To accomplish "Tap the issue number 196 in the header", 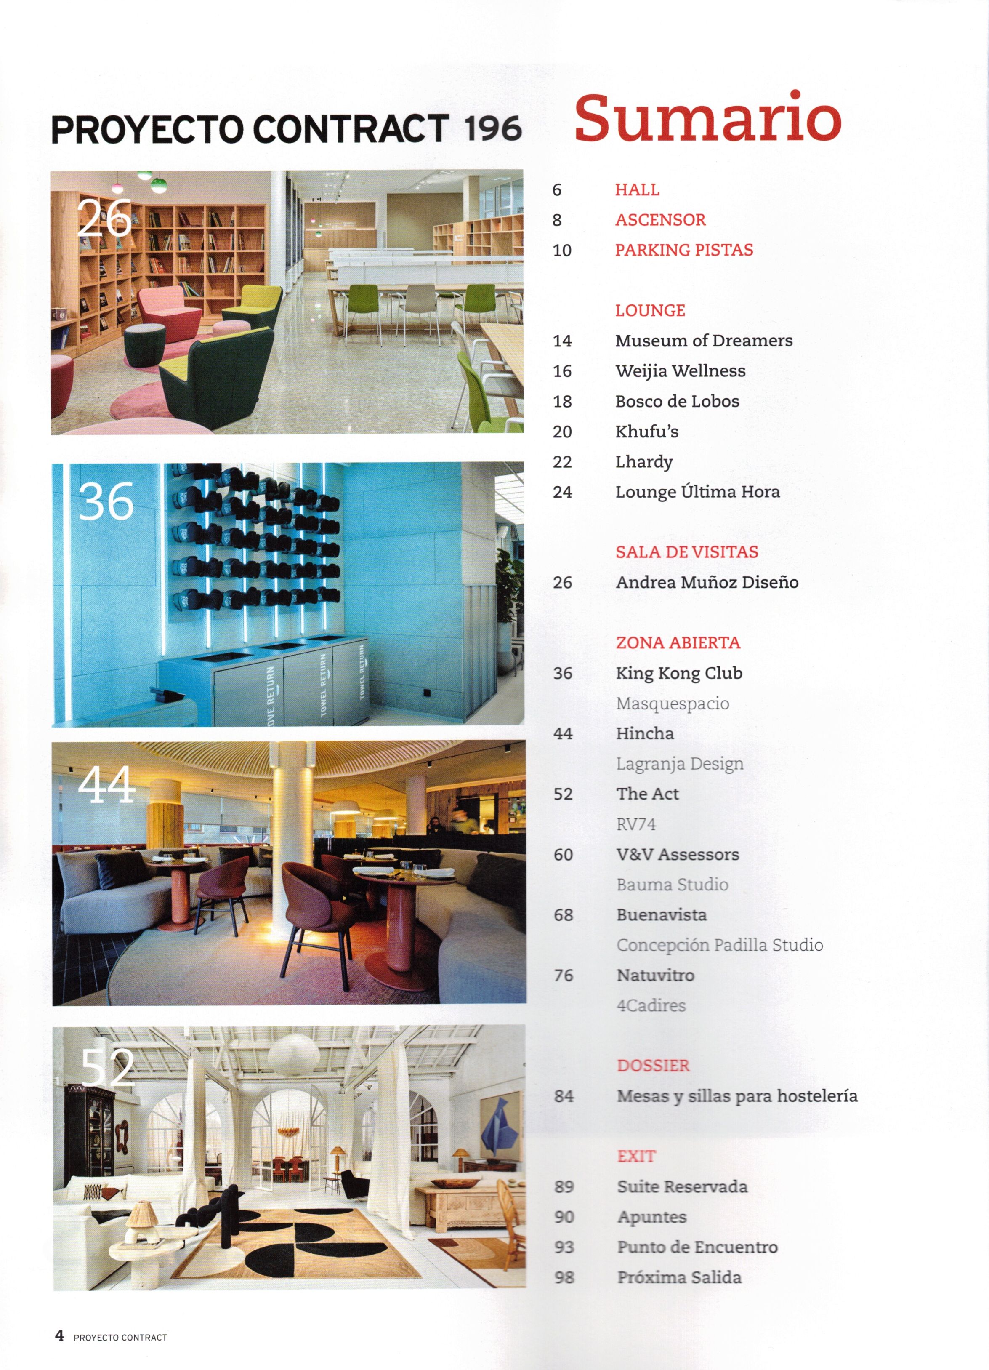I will [x=493, y=129].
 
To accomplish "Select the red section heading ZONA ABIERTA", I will [x=678, y=643].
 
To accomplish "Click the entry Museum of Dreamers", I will [x=703, y=341].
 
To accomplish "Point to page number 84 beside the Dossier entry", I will [x=564, y=1096].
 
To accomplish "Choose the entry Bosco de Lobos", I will [x=677, y=401].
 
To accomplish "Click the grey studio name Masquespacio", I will [x=673, y=703].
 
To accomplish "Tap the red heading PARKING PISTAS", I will [x=683, y=250].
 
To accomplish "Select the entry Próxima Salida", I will [x=679, y=1277].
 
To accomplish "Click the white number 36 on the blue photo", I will [x=106, y=501].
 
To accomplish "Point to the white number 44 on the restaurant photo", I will [x=106, y=785].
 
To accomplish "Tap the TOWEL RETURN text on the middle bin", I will [x=324, y=685].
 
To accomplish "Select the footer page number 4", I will [x=59, y=1335].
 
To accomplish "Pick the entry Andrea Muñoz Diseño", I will [x=707, y=582].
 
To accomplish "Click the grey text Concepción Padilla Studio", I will [x=719, y=945].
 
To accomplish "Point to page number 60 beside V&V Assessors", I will [x=563, y=854].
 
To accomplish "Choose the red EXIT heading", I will [x=636, y=1156].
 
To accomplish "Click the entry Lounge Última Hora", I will [x=697, y=492].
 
